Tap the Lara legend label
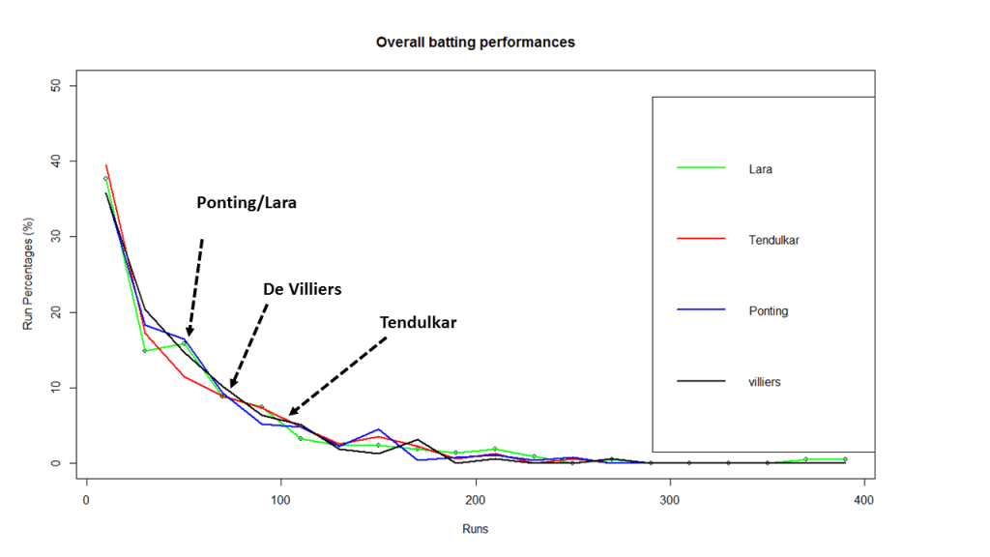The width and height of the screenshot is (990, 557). (x=761, y=169)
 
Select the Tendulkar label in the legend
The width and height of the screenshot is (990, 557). (x=773, y=240)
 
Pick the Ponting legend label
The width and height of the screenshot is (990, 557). (x=769, y=311)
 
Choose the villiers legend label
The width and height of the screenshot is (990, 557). (x=765, y=382)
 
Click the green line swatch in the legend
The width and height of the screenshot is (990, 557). (x=701, y=168)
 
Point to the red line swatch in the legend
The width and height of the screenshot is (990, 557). (x=701, y=240)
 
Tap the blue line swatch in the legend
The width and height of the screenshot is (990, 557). (x=701, y=310)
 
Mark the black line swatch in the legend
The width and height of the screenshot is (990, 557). (x=701, y=382)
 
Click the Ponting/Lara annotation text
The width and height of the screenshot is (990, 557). (x=247, y=203)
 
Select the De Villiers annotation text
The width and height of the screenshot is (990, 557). (x=303, y=289)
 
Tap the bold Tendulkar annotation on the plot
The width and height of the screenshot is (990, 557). (x=418, y=322)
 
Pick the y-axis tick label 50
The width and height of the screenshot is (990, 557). (x=55, y=86)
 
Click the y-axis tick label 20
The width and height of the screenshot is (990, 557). (x=55, y=312)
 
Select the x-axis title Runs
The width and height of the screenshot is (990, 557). (x=475, y=529)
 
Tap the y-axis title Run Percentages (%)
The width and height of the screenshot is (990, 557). (x=28, y=275)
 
